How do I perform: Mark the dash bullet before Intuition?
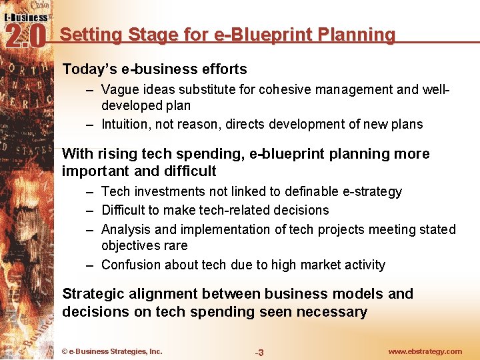pyautogui.click(x=90, y=125)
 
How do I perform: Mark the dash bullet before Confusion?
pyautogui.click(x=90, y=265)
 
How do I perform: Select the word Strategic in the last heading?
pyautogui.click(x=93, y=294)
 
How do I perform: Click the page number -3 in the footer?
pyautogui.click(x=259, y=352)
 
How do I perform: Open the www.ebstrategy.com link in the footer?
pyautogui.click(x=425, y=351)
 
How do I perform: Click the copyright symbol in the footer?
pyautogui.click(x=64, y=351)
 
